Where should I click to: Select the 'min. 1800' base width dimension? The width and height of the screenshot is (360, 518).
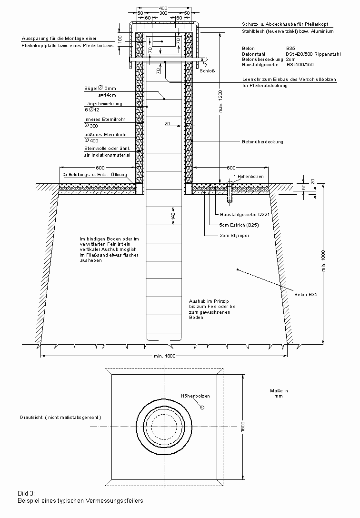coord(164,356)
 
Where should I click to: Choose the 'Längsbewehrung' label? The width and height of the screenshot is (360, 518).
coord(103,104)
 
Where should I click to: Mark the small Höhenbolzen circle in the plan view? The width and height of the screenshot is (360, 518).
coord(202,407)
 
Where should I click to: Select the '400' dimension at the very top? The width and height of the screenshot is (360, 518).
coord(163,9)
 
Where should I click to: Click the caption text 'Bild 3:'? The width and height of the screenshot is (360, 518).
coord(26,494)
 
